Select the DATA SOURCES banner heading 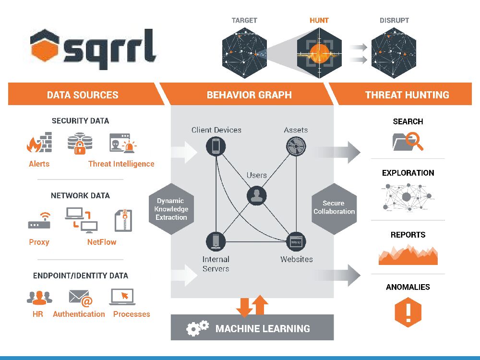[x=83, y=95]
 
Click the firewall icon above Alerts [x=39, y=143]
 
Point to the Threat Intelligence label [x=121, y=164]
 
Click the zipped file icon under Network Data [x=123, y=220]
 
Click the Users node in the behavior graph [x=257, y=195]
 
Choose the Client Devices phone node [x=216, y=146]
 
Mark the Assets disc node [x=296, y=146]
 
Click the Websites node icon [x=296, y=242]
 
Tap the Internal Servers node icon [x=216, y=241]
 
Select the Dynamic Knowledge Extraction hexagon [x=171, y=209]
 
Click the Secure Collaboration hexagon [x=334, y=207]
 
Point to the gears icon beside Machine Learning [x=197, y=328]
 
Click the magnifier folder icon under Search [x=408, y=141]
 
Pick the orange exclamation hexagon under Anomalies [x=408, y=312]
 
